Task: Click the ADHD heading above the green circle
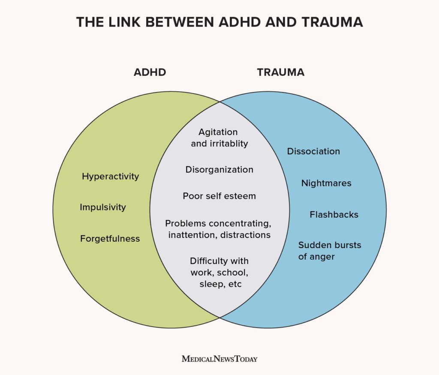tap(150, 72)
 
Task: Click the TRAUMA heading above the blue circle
tap(281, 72)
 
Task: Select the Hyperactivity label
tap(111, 177)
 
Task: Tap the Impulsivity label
tap(103, 207)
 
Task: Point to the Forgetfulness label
tap(110, 239)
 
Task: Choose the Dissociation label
tap(313, 151)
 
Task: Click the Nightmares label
tap(326, 183)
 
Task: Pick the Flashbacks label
tap(334, 215)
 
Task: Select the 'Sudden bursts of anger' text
tap(330, 251)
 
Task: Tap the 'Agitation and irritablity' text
tap(219, 138)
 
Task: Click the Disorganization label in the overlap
tap(219, 170)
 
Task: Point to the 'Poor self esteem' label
tap(219, 196)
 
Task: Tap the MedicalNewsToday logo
tap(219, 358)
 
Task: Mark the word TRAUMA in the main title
tap(327, 22)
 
